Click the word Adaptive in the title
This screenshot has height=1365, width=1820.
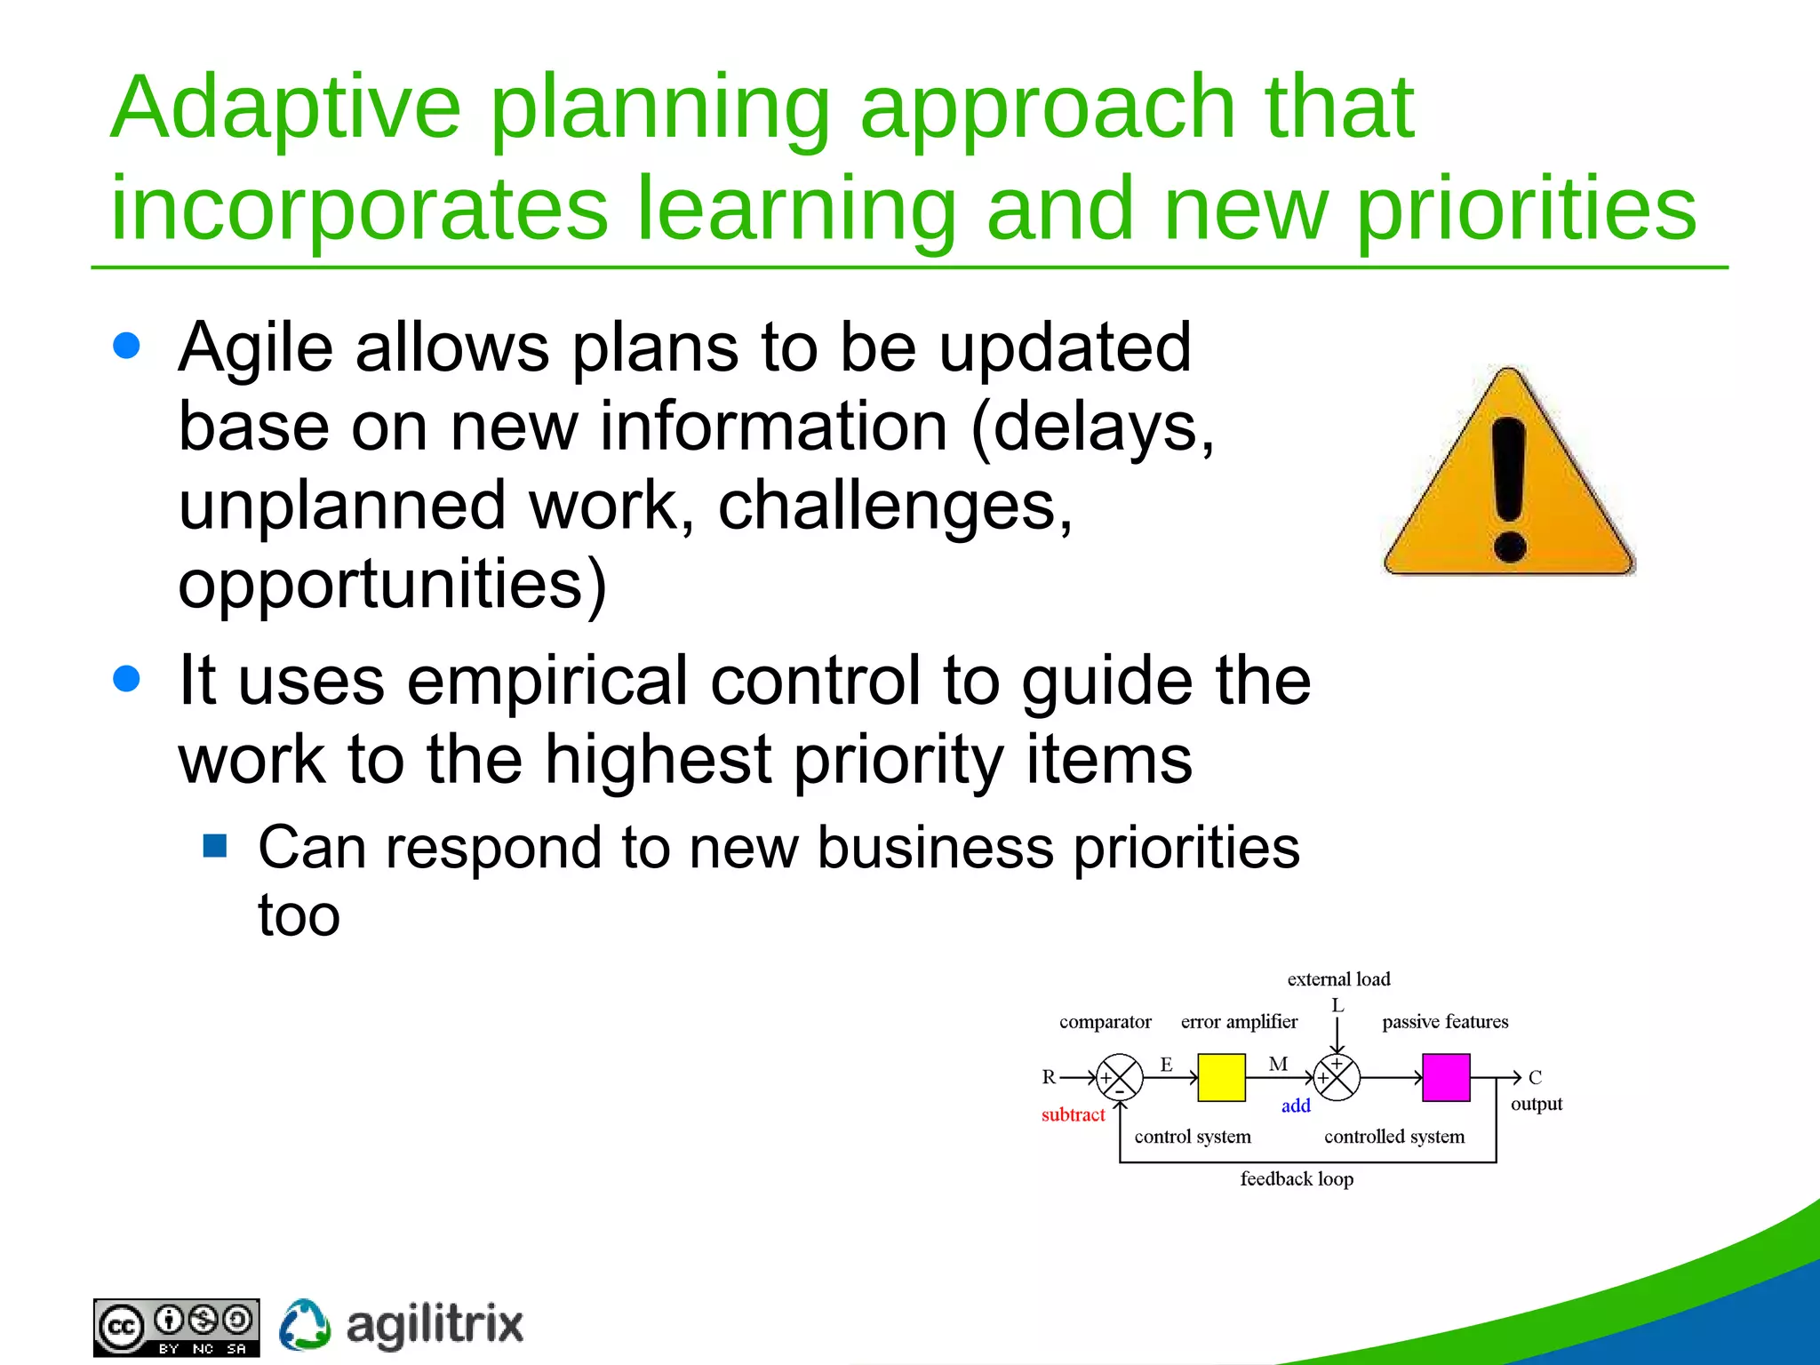pyautogui.click(x=284, y=108)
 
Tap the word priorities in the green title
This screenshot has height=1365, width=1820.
pyautogui.click(x=1526, y=210)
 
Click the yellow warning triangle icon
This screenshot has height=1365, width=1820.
pyautogui.click(x=1508, y=480)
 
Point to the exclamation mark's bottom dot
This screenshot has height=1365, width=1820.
pyautogui.click(x=1510, y=547)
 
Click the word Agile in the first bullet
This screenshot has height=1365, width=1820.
pyautogui.click(x=256, y=348)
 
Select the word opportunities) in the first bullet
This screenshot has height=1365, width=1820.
pyautogui.click(x=392, y=585)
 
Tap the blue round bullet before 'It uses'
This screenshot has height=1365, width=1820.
pyautogui.click(x=127, y=679)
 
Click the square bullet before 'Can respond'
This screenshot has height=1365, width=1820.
pyautogui.click(x=214, y=845)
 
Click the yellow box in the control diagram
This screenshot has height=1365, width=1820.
pyautogui.click(x=1221, y=1077)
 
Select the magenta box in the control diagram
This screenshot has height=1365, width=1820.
pyautogui.click(x=1446, y=1077)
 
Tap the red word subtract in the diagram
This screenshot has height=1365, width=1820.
pyautogui.click(x=1073, y=1114)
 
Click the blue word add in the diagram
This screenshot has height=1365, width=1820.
pyautogui.click(x=1296, y=1106)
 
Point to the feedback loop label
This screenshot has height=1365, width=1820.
pyautogui.click(x=1297, y=1178)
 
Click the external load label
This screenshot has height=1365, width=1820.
pyautogui.click(x=1338, y=979)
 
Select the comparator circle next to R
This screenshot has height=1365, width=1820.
pyautogui.click(x=1119, y=1078)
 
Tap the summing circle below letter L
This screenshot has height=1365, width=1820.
pyautogui.click(x=1337, y=1078)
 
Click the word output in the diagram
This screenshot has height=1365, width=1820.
pyautogui.click(x=1536, y=1104)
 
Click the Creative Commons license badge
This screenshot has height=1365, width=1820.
pyautogui.click(x=176, y=1327)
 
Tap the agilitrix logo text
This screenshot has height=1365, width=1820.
pyautogui.click(x=434, y=1325)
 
